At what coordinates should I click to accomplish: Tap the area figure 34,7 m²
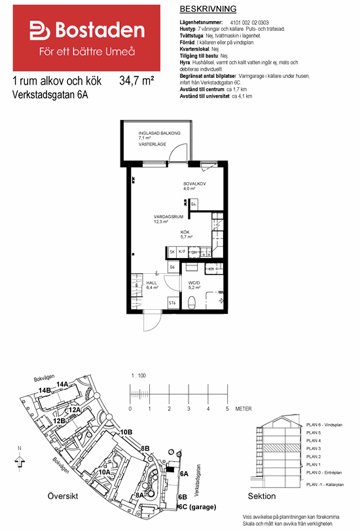(x=137, y=81)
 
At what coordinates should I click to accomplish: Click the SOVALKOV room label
(x=194, y=183)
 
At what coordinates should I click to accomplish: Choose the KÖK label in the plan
(x=187, y=232)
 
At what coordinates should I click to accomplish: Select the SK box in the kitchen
(x=172, y=252)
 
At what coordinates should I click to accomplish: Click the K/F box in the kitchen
(x=182, y=252)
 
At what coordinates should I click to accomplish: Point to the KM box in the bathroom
(x=211, y=269)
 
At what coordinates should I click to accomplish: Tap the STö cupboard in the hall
(x=171, y=303)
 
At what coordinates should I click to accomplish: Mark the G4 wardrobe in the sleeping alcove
(x=194, y=205)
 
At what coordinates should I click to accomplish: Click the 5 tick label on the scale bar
(x=227, y=408)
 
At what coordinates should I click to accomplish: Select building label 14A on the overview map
(x=63, y=384)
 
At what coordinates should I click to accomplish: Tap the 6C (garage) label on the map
(x=198, y=506)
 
